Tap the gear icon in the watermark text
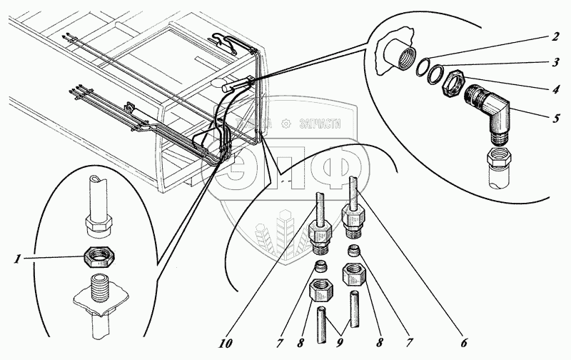pyautogui.click(x=286, y=122)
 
